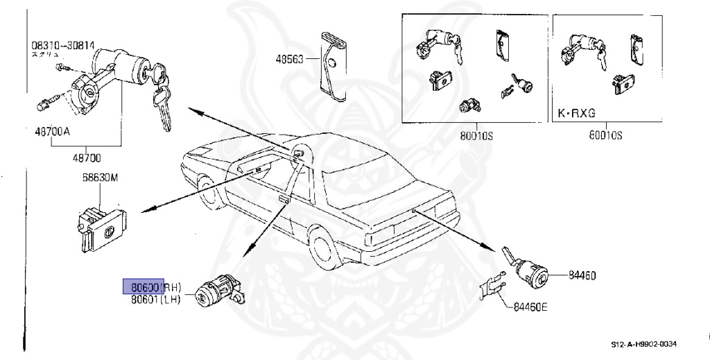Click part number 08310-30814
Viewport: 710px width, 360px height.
[62, 45]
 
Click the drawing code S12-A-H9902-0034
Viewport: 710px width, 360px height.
[643, 344]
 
